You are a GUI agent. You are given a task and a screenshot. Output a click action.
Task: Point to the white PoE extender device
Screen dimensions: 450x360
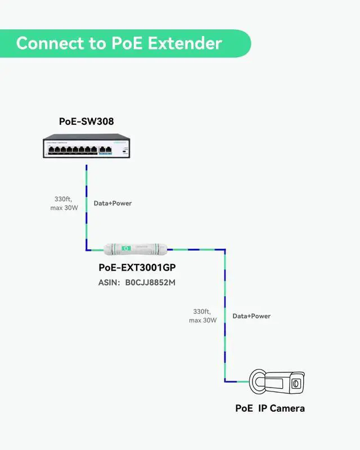coord(136,247)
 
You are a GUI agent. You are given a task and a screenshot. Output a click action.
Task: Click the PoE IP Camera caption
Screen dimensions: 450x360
coord(269,408)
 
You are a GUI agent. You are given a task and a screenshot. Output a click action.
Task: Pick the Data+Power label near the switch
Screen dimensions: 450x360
coord(112,203)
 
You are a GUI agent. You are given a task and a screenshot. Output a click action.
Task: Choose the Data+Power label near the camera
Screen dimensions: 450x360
coord(251,316)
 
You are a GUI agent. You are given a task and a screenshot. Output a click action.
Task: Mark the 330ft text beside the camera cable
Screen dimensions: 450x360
coord(201,311)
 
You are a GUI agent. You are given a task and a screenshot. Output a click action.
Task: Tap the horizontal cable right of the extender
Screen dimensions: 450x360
coord(197,248)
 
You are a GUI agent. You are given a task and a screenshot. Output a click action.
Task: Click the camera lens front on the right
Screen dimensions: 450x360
coord(296,384)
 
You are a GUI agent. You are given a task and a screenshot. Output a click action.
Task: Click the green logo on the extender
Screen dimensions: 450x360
coord(127,247)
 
